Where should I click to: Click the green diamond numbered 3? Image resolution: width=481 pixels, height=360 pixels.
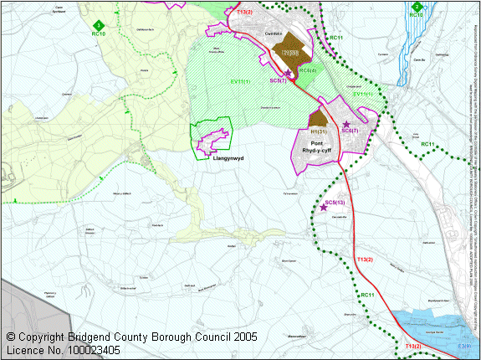pos(98,25)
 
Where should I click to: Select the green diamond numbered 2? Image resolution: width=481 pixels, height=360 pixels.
pos(417,7)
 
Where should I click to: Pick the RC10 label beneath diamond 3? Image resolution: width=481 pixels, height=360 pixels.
pos(98,34)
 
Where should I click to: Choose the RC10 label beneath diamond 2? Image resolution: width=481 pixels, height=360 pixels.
pos(417,16)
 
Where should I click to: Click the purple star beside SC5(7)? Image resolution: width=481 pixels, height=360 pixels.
pos(289,74)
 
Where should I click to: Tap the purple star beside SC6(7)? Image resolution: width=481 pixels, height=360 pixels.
pos(345,124)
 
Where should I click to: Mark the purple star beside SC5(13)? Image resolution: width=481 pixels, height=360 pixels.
pos(323,207)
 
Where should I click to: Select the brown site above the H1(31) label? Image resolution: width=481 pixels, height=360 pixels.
pos(318,119)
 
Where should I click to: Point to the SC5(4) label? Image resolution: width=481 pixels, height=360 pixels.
pos(307,71)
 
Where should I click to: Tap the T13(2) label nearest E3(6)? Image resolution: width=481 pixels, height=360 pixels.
pos(413,346)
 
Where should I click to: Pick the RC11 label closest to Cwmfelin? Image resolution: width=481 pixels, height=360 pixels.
pos(337,38)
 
